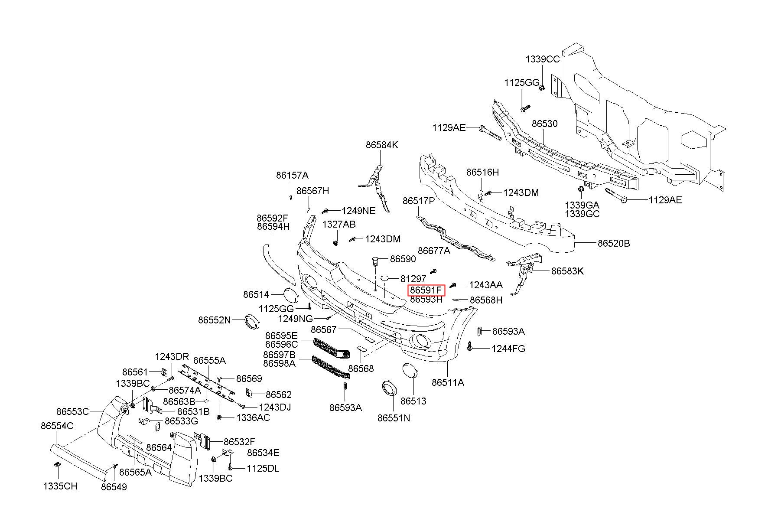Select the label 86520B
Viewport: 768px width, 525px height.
pyautogui.click(x=614, y=244)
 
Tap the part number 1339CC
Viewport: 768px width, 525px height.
pyautogui.click(x=542, y=59)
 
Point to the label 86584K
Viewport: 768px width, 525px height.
pyautogui.click(x=381, y=145)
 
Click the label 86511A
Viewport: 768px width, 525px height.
pyautogui.click(x=448, y=382)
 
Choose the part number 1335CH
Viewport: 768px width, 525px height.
pyautogui.click(x=60, y=486)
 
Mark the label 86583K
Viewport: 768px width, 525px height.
pyautogui.click(x=567, y=271)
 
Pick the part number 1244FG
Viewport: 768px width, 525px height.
pyautogui.click(x=508, y=349)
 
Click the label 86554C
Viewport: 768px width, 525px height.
pyautogui.click(x=57, y=426)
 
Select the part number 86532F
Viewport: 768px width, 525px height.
pyautogui.click(x=239, y=442)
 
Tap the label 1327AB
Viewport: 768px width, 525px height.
pyautogui.click(x=338, y=224)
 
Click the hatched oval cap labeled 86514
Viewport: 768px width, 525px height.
pyautogui.click(x=291, y=295)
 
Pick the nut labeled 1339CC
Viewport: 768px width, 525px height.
pyautogui.click(x=542, y=88)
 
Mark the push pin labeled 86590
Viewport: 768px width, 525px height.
pyautogui.click(x=375, y=261)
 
